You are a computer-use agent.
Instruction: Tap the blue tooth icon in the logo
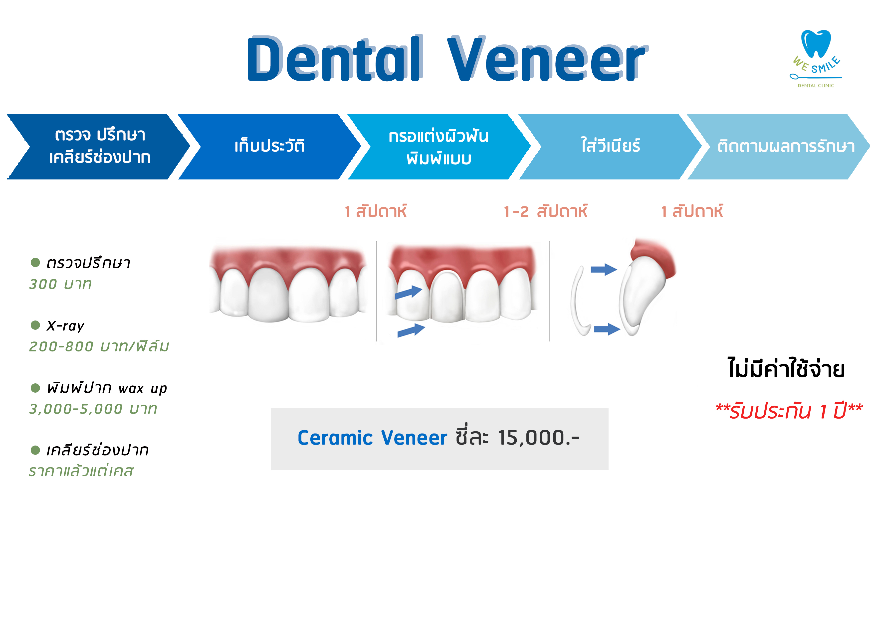(x=816, y=43)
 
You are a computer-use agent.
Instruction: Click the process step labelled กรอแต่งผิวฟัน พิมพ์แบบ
(x=439, y=147)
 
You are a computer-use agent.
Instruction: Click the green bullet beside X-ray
(x=35, y=325)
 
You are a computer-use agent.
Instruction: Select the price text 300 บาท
(x=60, y=284)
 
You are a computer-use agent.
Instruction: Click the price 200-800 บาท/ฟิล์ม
(x=99, y=346)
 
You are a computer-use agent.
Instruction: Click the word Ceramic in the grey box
(x=335, y=438)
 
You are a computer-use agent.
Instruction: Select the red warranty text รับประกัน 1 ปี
(x=789, y=411)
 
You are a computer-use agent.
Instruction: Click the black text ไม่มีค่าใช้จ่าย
(x=786, y=369)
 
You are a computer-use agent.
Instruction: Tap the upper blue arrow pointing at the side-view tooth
(x=604, y=269)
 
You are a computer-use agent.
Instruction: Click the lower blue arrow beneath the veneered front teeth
(x=411, y=330)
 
